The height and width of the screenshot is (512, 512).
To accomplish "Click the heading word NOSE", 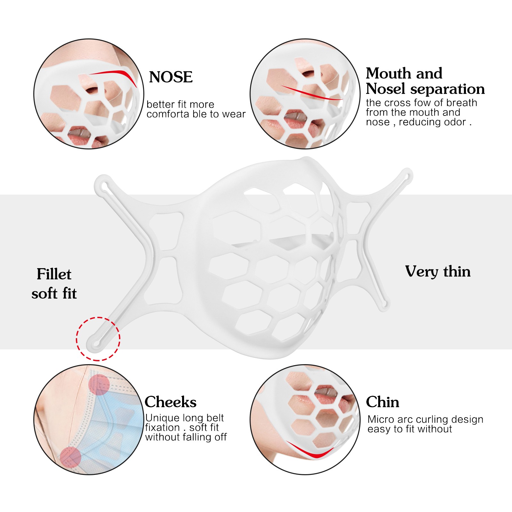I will [171, 77].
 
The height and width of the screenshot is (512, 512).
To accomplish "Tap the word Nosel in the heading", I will [385, 89].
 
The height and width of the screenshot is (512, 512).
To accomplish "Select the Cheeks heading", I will [170, 402].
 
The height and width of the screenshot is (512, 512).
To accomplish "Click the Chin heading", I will [382, 402].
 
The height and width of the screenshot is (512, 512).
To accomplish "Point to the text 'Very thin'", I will [437, 272].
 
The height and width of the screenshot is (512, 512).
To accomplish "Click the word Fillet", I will [54, 274].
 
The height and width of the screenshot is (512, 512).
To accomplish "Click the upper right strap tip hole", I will [407, 176].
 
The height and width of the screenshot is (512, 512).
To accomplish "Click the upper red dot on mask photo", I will [99, 384].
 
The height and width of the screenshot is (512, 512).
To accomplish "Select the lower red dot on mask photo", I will [70, 457].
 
